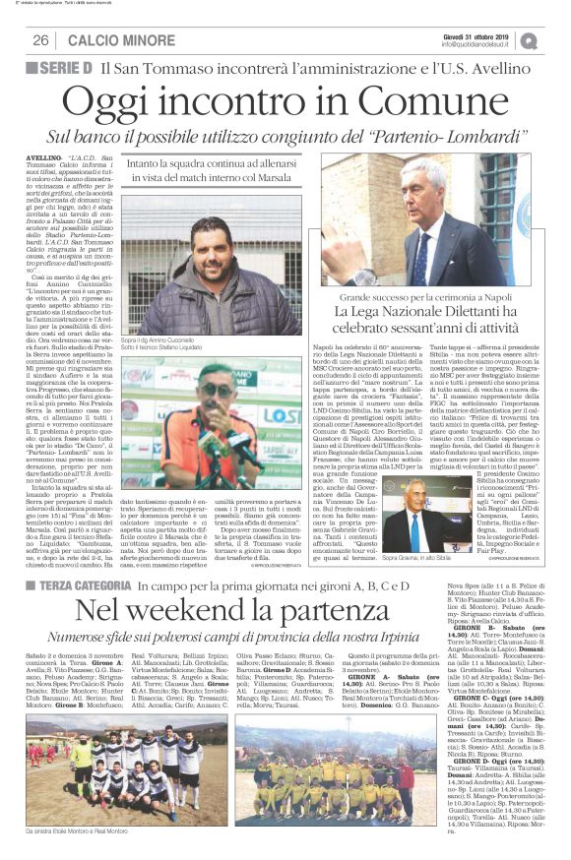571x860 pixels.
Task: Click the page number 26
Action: point(41,40)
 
